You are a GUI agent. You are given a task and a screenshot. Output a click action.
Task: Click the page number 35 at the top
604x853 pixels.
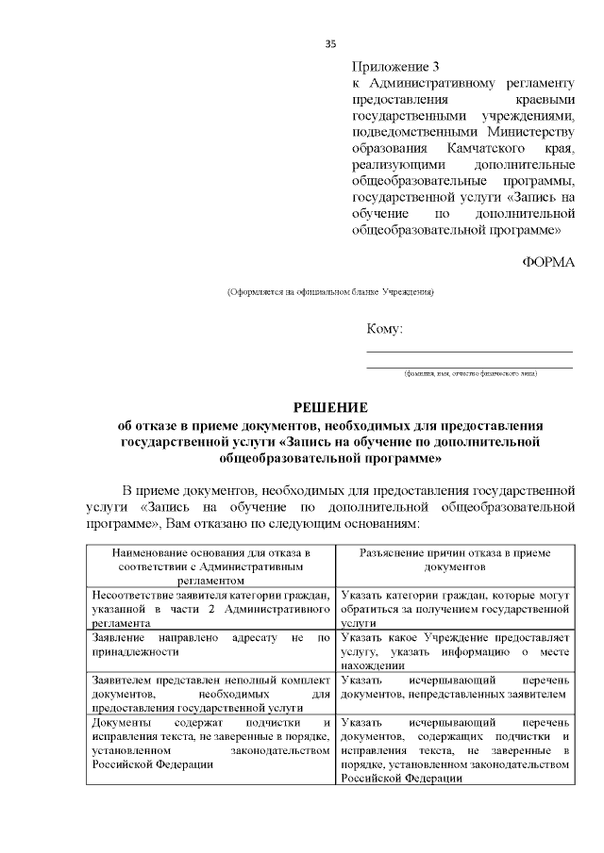tap(329, 43)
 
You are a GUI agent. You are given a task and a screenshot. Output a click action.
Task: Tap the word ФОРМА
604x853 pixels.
tap(547, 261)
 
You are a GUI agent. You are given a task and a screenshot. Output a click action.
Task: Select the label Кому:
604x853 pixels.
tap(385, 329)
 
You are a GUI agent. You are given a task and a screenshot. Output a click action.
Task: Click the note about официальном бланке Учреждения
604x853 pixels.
tap(329, 292)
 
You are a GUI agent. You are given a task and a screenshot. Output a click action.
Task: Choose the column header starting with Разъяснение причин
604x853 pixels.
tap(455, 561)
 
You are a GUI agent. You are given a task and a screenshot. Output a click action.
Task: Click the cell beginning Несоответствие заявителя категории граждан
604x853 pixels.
tap(210, 609)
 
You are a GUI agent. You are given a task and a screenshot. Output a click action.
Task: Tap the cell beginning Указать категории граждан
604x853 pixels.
tap(455, 609)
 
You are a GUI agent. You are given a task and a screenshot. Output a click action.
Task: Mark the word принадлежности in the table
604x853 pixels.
tap(135, 651)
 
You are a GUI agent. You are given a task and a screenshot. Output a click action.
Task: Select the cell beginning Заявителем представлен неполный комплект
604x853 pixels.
tap(210, 693)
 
